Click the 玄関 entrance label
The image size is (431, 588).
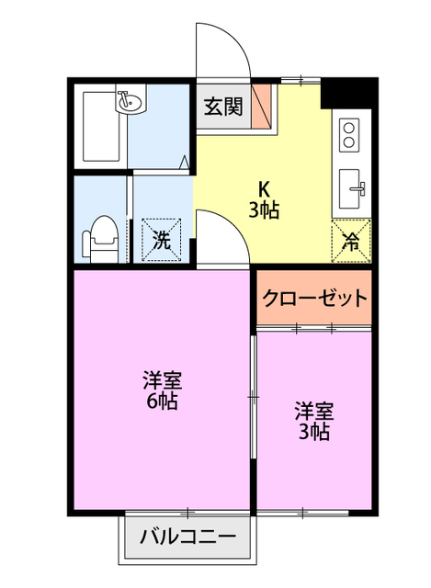click(223, 107)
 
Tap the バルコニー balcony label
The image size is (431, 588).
click(187, 537)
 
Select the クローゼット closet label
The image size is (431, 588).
click(315, 298)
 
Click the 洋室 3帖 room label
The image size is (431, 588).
click(313, 421)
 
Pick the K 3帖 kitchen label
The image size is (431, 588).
click(265, 198)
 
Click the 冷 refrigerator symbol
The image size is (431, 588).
click(351, 241)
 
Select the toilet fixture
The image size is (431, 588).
click(101, 239)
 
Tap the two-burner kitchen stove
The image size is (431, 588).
click(350, 137)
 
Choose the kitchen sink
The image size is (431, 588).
click(353, 191)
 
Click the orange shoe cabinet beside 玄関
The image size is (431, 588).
click(263, 106)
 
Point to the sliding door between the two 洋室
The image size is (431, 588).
click(253, 395)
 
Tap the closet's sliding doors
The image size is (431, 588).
click(313, 327)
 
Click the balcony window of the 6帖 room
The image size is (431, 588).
click(187, 512)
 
